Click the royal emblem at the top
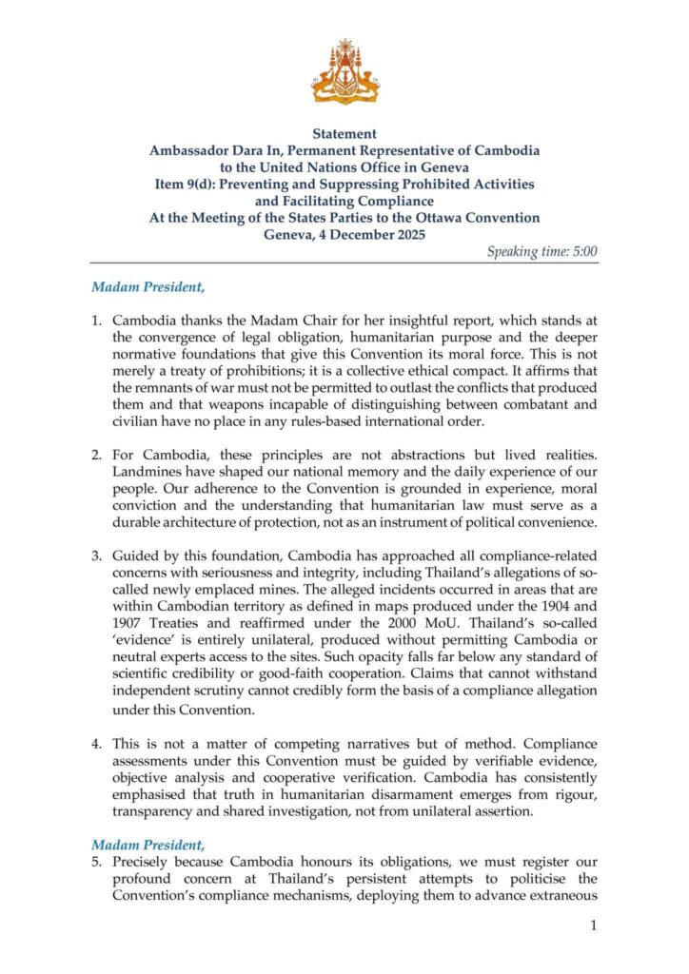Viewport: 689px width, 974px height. (344, 72)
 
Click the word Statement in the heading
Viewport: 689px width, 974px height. (344, 134)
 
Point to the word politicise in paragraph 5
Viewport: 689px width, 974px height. (525, 879)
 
